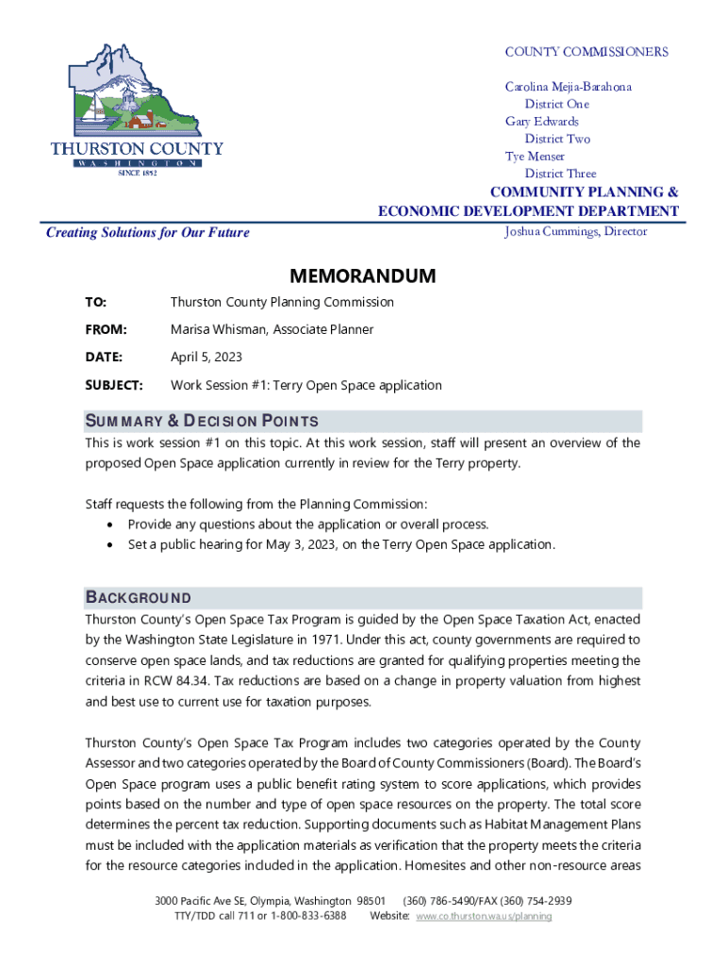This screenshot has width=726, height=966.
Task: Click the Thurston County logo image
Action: click(137, 108)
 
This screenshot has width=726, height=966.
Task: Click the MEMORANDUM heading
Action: click(363, 276)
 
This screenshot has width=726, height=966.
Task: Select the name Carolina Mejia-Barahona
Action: click(569, 87)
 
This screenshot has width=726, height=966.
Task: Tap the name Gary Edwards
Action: click(542, 122)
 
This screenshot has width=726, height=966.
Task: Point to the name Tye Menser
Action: click(536, 157)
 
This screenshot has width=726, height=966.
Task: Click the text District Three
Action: click(560, 174)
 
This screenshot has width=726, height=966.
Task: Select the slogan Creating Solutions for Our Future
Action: click(148, 232)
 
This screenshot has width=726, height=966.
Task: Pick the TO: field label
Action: click(96, 303)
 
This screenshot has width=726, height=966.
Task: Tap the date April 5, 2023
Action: click(206, 358)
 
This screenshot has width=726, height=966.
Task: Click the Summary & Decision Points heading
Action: click(202, 421)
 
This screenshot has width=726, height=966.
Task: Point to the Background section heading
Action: click(139, 598)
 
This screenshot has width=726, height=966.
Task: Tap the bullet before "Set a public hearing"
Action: click(113, 545)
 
